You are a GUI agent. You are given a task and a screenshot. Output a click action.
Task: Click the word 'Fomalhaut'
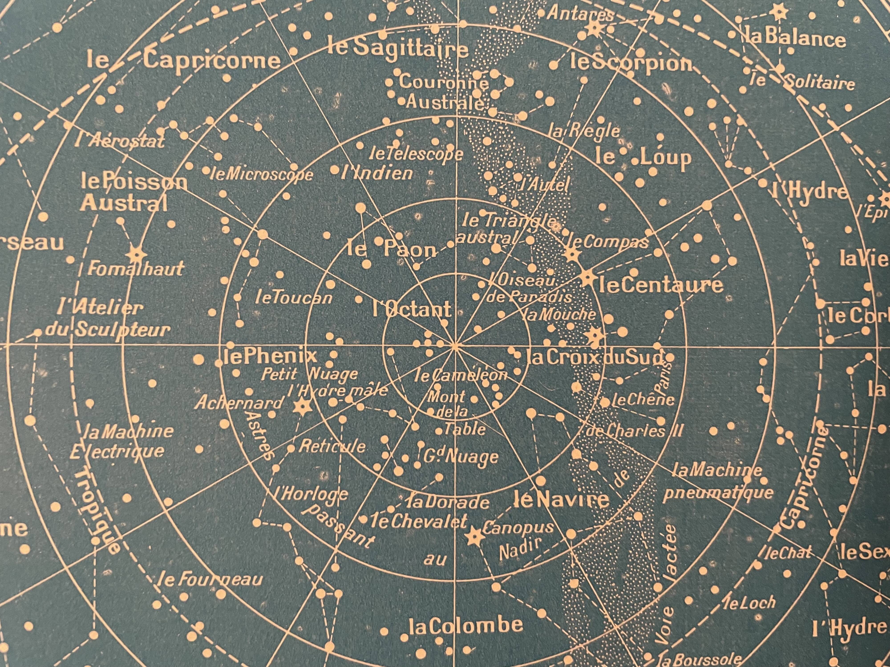(135, 269)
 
